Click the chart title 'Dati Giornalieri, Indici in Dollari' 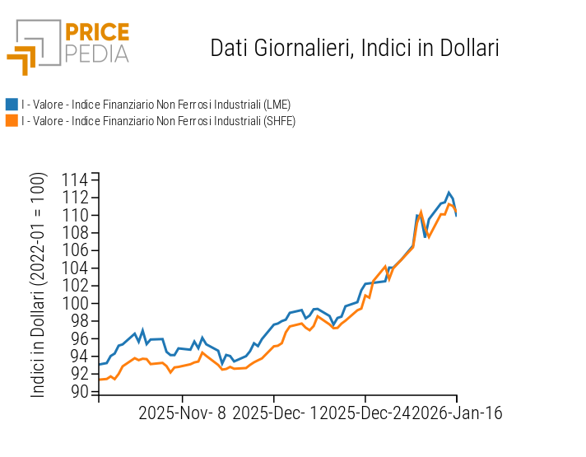coord(355,48)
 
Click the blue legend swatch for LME coord(12,105)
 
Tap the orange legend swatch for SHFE coord(12,121)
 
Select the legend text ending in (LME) coord(156,105)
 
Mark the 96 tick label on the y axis coord(80,339)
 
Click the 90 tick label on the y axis coord(80,392)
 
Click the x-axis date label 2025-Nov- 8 coord(183,413)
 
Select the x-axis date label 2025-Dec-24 coord(362,413)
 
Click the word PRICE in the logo coord(97,33)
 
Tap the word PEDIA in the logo coord(97,54)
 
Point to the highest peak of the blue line coord(449,193)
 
